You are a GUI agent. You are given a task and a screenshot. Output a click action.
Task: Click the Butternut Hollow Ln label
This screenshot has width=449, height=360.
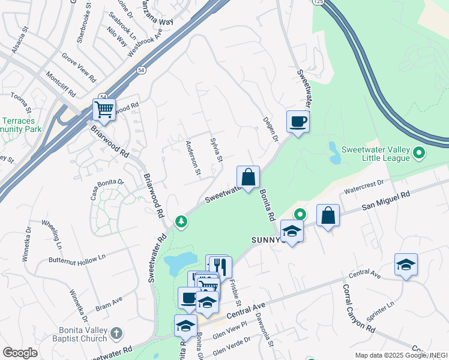click(x=77, y=257)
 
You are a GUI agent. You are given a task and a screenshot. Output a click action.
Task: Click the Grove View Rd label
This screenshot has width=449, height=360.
click(x=79, y=67)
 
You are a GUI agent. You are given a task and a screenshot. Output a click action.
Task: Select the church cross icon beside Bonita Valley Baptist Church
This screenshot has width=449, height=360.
click(x=116, y=332)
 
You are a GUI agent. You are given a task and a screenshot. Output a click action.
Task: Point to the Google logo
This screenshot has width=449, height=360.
click(x=20, y=353)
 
